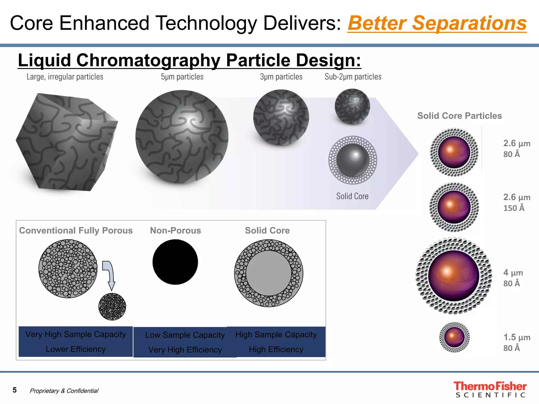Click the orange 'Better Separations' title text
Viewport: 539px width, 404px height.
tap(437, 23)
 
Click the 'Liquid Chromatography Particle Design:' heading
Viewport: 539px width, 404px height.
tap(189, 60)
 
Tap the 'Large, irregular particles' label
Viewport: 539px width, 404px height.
tap(65, 77)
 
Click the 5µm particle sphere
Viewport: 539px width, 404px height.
tap(182, 137)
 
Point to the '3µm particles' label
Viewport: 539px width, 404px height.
tap(281, 77)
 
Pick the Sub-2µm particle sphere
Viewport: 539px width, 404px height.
tap(352, 107)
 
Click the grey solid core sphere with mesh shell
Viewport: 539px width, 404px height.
tap(353, 160)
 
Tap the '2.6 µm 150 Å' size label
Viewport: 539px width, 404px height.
tap(516, 203)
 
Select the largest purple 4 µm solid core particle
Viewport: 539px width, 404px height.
tap(454, 276)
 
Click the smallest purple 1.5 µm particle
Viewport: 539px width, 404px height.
tap(454, 337)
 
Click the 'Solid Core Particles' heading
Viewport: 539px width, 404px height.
tap(460, 116)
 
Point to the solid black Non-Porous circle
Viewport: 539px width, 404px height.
tap(175, 262)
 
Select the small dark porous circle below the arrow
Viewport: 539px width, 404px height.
tap(112, 306)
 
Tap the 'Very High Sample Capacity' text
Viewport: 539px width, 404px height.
tap(76, 334)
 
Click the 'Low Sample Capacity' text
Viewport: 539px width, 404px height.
tap(185, 335)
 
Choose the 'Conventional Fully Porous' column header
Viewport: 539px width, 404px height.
tap(76, 230)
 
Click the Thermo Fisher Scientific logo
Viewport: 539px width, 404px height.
tap(490, 389)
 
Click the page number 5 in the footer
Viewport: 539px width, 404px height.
tap(15, 390)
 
